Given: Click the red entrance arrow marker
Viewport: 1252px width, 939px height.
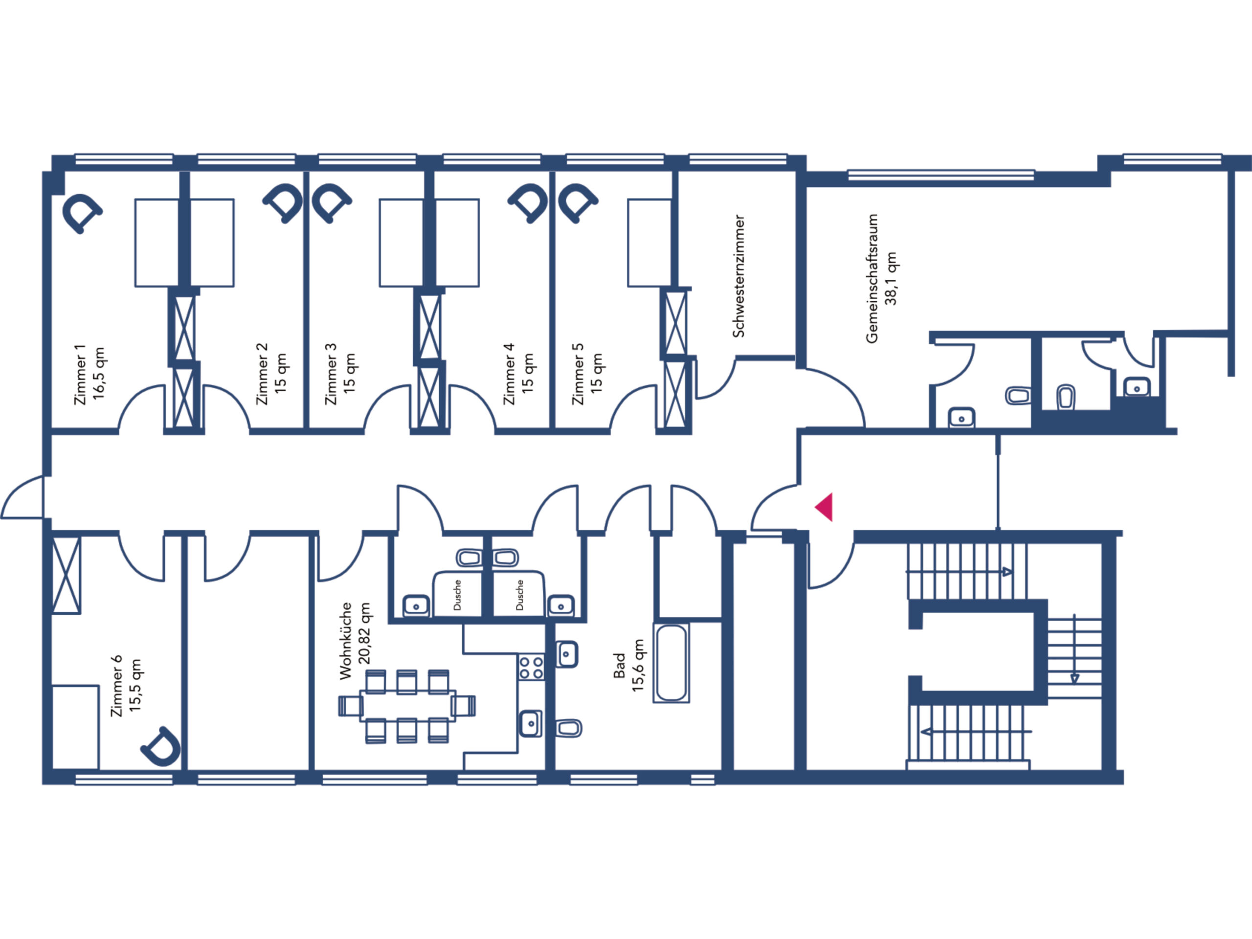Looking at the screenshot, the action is pyautogui.click(x=825, y=507).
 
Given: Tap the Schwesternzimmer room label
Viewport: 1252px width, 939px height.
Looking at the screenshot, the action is pyautogui.click(x=738, y=276).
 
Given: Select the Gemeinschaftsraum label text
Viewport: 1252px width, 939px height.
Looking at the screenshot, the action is pyautogui.click(x=872, y=278).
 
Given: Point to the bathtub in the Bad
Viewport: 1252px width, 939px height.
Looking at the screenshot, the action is pyautogui.click(x=671, y=663).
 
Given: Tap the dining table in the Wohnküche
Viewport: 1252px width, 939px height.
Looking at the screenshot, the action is pyautogui.click(x=407, y=705).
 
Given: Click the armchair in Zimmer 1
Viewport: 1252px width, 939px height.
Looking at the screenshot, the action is pyautogui.click(x=82, y=213).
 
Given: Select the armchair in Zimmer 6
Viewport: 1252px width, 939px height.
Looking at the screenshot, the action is pyautogui.click(x=161, y=747).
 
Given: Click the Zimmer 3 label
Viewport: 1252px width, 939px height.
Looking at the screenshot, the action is pyautogui.click(x=331, y=374).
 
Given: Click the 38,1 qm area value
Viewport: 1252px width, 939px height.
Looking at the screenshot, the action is pyautogui.click(x=891, y=278).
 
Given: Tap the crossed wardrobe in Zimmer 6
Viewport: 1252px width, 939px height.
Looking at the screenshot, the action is pyautogui.click(x=66, y=575).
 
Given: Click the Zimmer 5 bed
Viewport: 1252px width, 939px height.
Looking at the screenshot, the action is pyautogui.click(x=650, y=243).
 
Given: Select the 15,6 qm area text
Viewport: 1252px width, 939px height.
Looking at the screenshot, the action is pyautogui.click(x=638, y=665).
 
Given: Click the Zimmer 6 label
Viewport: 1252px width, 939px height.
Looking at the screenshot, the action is pyautogui.click(x=116, y=686).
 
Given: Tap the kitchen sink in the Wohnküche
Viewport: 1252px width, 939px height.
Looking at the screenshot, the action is pyautogui.click(x=530, y=723).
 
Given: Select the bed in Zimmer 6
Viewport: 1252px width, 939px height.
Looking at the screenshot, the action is pyautogui.click(x=75, y=727).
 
